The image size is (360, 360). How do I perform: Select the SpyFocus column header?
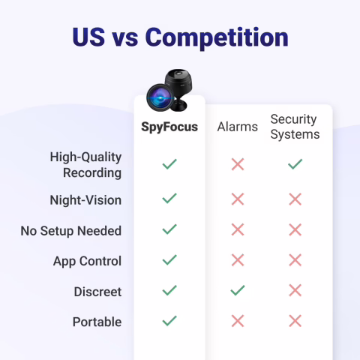pos(169,127)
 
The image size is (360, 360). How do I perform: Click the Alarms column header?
pos(238,127)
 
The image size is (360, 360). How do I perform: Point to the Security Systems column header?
pos(295,127)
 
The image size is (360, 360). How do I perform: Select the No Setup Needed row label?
pos(71,231)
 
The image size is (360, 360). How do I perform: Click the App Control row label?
pos(87,261)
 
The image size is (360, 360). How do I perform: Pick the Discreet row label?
pos(97,291)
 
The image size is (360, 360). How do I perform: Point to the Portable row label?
pos(97,322)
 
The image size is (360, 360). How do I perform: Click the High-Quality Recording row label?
pos(85,165)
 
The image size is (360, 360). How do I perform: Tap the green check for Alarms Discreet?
pos(238,290)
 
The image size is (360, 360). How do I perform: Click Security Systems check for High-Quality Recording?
pos(295,163)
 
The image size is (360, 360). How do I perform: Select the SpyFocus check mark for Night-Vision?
pos(169,199)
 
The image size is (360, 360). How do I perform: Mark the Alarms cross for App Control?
pos(238,260)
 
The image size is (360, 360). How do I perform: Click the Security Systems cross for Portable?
pos(295,321)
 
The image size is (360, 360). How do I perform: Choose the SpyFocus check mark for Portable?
pos(169,320)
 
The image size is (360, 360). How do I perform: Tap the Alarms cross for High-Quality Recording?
pos(238,164)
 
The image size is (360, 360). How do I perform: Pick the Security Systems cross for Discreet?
pos(295,290)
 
